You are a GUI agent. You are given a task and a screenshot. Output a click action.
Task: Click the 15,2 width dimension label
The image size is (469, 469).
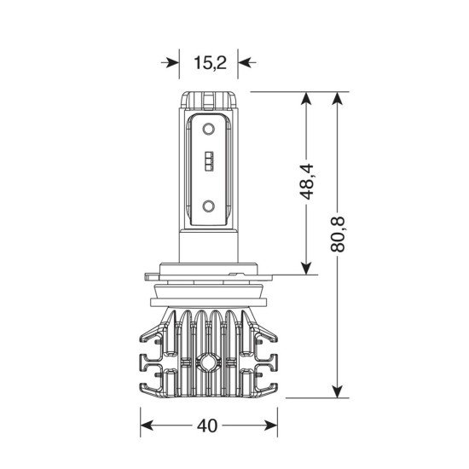point(210,63)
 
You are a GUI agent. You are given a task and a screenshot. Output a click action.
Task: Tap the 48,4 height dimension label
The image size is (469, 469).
point(307,182)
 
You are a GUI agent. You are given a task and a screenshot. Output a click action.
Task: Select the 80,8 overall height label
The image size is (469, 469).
point(338,234)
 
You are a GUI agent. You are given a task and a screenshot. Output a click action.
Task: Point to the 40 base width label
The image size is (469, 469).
point(207,426)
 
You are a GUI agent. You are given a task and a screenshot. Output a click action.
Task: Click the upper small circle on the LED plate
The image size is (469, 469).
point(208,130)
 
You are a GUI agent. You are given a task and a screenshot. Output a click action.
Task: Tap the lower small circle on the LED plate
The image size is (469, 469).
point(208,206)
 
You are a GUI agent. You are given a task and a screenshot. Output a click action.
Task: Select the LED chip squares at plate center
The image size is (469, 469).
point(209,161)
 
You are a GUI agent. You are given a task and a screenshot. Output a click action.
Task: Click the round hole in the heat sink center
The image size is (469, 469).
point(206,362)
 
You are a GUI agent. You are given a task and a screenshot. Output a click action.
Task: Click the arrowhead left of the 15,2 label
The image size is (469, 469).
point(172,63)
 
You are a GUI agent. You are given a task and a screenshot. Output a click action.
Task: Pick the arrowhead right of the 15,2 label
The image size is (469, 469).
point(245,63)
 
